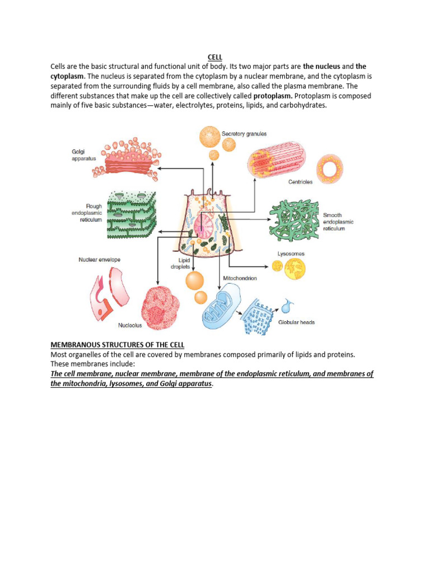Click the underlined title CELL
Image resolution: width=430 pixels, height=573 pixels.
(x=215, y=57)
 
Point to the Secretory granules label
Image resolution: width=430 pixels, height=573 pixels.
(x=244, y=134)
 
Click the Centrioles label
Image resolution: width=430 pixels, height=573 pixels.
(x=301, y=182)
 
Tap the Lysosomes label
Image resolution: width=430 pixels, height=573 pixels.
(x=291, y=253)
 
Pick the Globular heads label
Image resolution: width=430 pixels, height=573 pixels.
(x=297, y=322)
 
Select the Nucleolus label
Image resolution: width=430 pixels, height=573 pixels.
(x=130, y=325)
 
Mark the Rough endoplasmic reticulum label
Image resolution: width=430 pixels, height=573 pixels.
(x=86, y=213)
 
